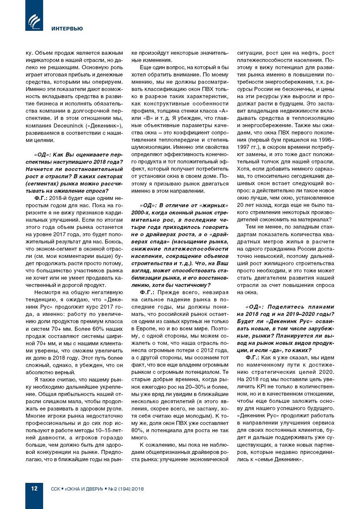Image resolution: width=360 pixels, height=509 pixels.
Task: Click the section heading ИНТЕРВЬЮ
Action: (67, 29)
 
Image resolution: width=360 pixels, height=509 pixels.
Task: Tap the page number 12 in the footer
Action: (34, 488)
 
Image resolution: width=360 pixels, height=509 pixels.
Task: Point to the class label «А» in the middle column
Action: (223, 111)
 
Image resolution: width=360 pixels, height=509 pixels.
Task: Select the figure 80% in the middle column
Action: (137, 430)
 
